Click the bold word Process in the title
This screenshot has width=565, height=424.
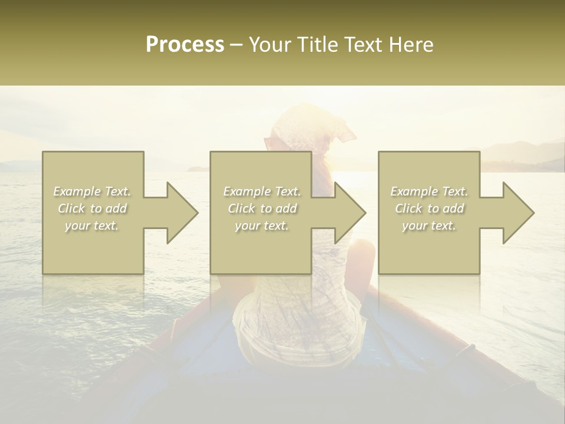click(x=185, y=45)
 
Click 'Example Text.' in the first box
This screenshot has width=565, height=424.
click(x=92, y=191)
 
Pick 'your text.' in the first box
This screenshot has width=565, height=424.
click(x=92, y=226)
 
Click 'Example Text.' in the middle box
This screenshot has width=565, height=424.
click(x=262, y=191)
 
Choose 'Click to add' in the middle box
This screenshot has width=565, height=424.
click(x=262, y=208)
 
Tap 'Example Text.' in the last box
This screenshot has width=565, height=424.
click(x=429, y=191)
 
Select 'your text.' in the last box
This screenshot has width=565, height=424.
click(x=429, y=226)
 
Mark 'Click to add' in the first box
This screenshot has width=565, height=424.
click(x=92, y=208)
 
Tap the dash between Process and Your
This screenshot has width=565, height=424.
click(x=237, y=45)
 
